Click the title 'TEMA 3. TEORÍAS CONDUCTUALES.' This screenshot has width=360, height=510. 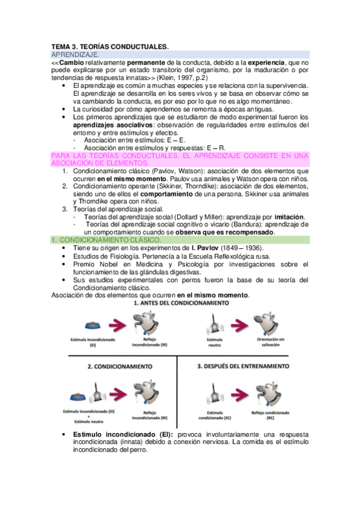coord(109,46)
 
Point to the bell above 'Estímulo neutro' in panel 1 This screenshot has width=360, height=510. coord(215,325)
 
